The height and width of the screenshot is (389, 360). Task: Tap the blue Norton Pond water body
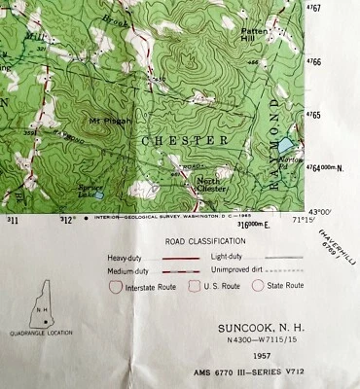[284, 145]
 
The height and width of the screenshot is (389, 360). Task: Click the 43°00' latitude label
[319, 211]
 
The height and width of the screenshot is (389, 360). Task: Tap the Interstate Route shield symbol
[116, 286]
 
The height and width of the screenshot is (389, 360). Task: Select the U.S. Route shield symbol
[193, 286]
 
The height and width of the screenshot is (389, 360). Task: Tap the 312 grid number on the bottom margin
[67, 221]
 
